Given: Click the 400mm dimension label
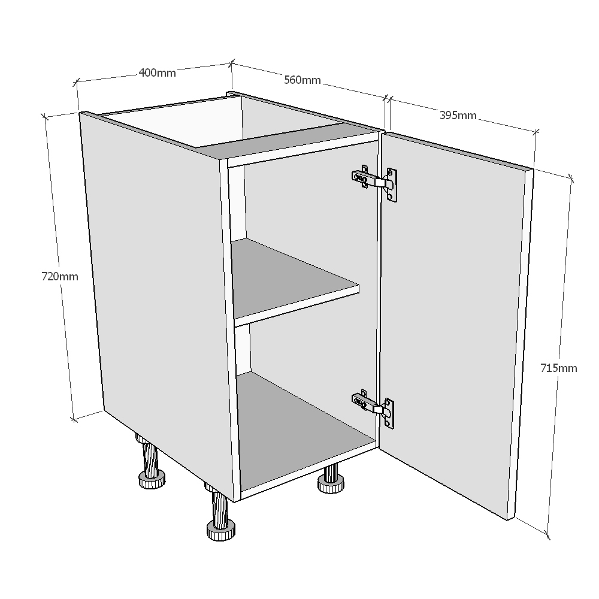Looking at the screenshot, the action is point(157,72).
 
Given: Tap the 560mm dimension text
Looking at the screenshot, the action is point(302,80).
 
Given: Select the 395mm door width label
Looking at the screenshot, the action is point(458,115).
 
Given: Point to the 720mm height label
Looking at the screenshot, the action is point(60,276).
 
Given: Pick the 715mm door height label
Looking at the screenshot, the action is point(558,368).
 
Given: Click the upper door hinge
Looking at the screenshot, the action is point(375,183).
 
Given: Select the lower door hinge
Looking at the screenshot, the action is point(373,408).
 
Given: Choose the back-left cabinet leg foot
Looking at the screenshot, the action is point(152,479).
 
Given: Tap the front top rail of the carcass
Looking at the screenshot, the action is point(302,149).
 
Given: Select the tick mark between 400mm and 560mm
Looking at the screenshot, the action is point(231,63).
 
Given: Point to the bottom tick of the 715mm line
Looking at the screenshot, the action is point(547,535).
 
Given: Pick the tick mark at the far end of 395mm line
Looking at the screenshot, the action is point(536,132).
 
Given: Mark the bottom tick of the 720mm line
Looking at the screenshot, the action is point(74,420).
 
